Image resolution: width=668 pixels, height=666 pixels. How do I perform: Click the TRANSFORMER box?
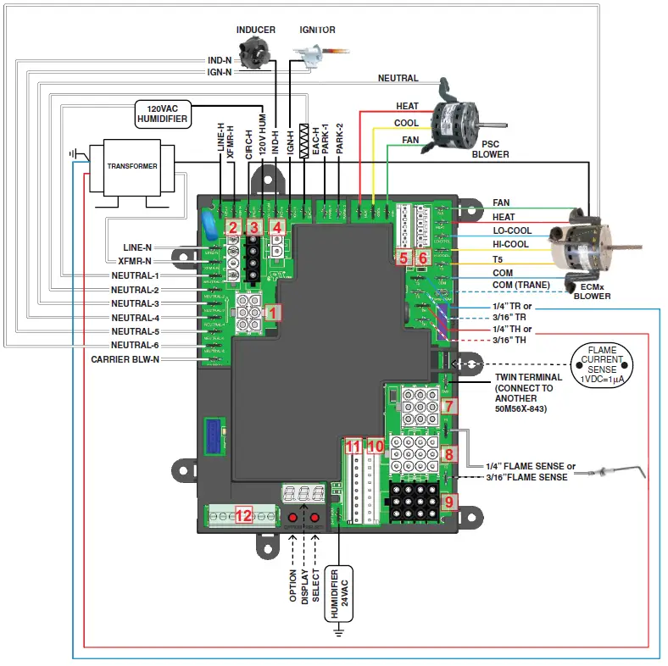pyautogui.click(x=131, y=167)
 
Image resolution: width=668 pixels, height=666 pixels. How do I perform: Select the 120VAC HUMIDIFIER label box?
pyautogui.click(x=160, y=114)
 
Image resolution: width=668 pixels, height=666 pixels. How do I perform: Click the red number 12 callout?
pyautogui.click(x=244, y=514)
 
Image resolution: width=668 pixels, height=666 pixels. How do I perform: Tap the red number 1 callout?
pyautogui.click(x=271, y=312)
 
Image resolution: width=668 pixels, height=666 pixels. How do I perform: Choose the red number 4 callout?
pyautogui.click(x=276, y=227)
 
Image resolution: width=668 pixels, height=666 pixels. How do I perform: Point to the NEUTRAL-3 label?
pyautogui.click(x=134, y=303)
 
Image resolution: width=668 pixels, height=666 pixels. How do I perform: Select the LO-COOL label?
pyautogui.click(x=512, y=230)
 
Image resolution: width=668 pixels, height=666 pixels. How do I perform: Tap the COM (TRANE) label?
pyautogui.click(x=521, y=285)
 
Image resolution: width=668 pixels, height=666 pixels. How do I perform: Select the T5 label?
pyautogui.click(x=498, y=258)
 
